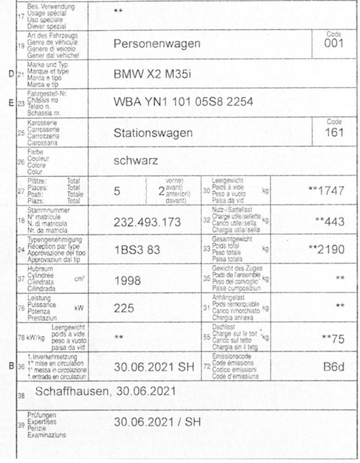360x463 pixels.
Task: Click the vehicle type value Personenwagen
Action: [x=157, y=44]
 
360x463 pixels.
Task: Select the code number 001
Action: [x=334, y=44]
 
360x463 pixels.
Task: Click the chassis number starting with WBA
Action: [x=183, y=102]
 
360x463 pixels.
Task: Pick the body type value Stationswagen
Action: [x=153, y=133]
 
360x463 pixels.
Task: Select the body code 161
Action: [x=334, y=133]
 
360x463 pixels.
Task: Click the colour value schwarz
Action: [x=136, y=161]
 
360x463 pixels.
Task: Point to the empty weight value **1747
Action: [x=326, y=191]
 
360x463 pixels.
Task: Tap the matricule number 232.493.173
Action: [x=147, y=222]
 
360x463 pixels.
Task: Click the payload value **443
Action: [x=330, y=222]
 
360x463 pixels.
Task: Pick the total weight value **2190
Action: [x=326, y=250]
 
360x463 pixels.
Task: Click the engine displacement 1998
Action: [x=128, y=280]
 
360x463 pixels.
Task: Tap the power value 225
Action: [x=124, y=308]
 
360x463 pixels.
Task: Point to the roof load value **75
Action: [x=333, y=339]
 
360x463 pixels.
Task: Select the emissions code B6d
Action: [x=333, y=367]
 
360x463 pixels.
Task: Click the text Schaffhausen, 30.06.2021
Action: [x=105, y=391]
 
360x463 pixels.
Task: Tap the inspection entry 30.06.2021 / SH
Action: [x=157, y=422]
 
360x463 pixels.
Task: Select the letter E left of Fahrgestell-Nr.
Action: [x=11, y=103]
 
